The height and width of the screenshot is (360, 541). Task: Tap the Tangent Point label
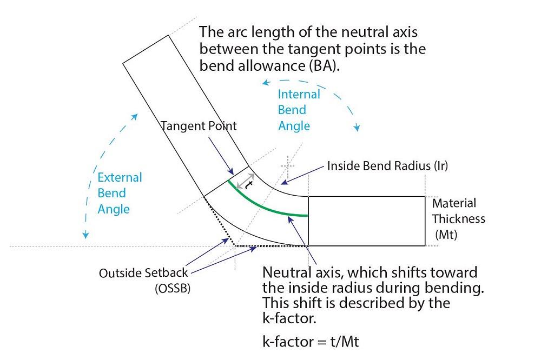coord(199,126)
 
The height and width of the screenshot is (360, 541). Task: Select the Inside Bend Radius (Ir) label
coord(387,166)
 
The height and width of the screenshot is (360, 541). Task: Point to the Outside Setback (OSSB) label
coord(144,281)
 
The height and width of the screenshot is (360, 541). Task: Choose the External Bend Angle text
coord(120,193)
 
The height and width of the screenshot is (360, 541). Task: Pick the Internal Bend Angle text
coord(299,110)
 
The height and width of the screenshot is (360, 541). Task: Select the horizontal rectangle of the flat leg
coord(366,221)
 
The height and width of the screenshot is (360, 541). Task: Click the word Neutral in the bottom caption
coord(283,272)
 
